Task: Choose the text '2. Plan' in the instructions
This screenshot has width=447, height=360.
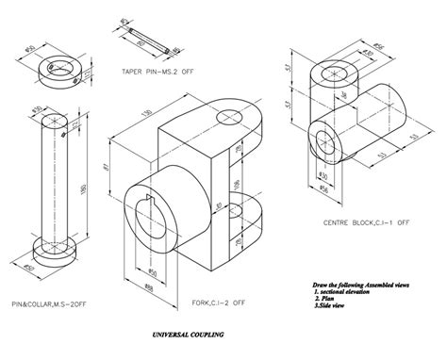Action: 334,300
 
